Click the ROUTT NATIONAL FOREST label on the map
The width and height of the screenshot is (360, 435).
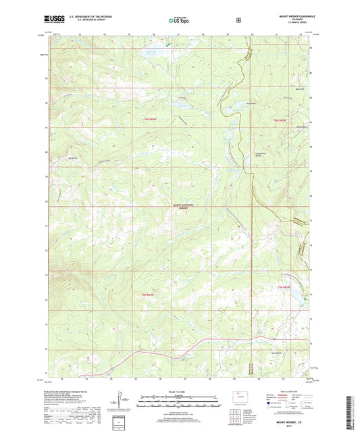(181, 206)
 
